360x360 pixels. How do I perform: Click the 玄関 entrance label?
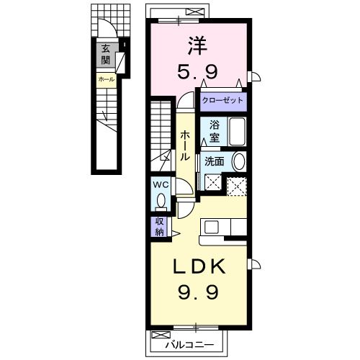pyautogui.click(x=105, y=55)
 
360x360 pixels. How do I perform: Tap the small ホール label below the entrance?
pyautogui.click(x=107, y=79)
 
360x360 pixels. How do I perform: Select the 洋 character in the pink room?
pyautogui.click(x=197, y=45)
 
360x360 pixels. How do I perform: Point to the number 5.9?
pyautogui.click(x=197, y=72)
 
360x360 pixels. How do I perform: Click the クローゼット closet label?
pyautogui.click(x=222, y=100)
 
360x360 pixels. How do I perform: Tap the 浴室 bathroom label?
pyautogui.click(x=215, y=132)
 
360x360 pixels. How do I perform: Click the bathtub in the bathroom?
pyautogui.click(x=238, y=132)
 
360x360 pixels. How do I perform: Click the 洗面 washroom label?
pyautogui.click(x=215, y=162)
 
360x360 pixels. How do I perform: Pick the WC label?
pyautogui.click(x=161, y=185)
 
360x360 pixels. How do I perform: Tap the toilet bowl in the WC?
pyautogui.click(x=161, y=201)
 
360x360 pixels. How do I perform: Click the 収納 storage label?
pyautogui.click(x=159, y=227)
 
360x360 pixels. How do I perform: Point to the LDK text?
pyautogui.click(x=199, y=266)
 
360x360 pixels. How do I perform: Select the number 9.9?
pyautogui.click(x=198, y=292)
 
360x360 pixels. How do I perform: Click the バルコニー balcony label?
pyautogui.click(x=189, y=346)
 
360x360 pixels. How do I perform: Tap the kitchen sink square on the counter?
pyautogui.click(x=212, y=227)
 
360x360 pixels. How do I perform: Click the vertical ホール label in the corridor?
pyautogui.click(x=185, y=145)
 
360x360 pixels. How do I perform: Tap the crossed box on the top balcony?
pyautogui.click(x=195, y=12)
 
